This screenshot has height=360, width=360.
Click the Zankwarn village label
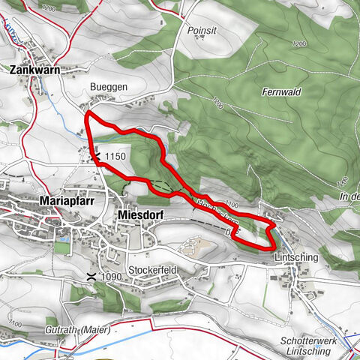coord(35,69)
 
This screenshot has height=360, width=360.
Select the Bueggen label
coord(109,87)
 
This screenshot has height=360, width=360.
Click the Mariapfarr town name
coord(66,201)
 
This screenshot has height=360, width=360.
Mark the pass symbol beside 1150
coord(96,156)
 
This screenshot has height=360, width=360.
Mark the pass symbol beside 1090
coord(91,276)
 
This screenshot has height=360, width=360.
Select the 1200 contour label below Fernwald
coord(217,102)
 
